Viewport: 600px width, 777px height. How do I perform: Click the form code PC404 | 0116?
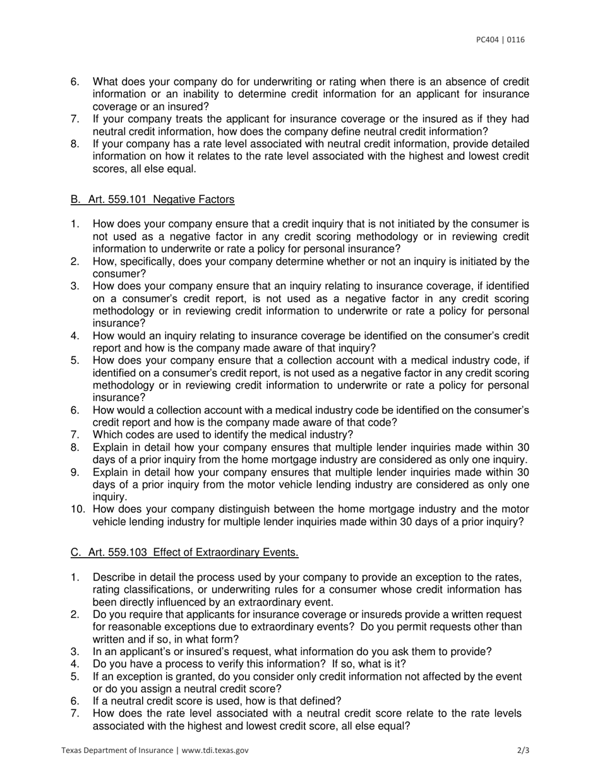click(x=500, y=40)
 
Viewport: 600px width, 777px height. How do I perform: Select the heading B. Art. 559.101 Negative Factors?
click(x=152, y=200)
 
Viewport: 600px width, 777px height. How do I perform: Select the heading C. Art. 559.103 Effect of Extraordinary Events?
click(x=184, y=553)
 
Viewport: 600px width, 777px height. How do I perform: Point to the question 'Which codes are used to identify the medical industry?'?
click(x=223, y=435)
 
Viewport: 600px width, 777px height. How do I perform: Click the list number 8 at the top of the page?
click(x=75, y=144)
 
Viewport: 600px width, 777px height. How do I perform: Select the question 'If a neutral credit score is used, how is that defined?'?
click(x=217, y=701)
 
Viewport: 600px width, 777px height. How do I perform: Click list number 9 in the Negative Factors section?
click(x=75, y=473)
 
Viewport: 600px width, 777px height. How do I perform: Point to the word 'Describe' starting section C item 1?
click(x=113, y=577)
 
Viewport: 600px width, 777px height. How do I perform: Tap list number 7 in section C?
click(x=75, y=714)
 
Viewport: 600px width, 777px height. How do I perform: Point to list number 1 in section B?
click(x=75, y=224)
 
